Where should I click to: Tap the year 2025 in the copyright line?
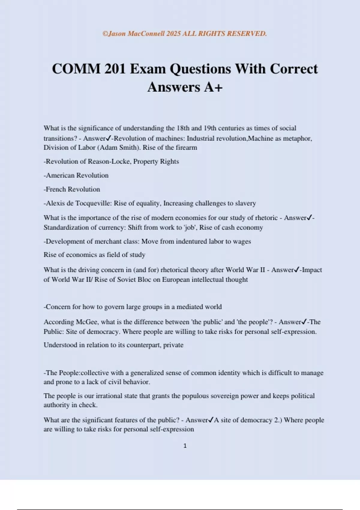[173, 34]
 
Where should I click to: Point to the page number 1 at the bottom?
[185, 446]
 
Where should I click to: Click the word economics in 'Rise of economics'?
[81, 255]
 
